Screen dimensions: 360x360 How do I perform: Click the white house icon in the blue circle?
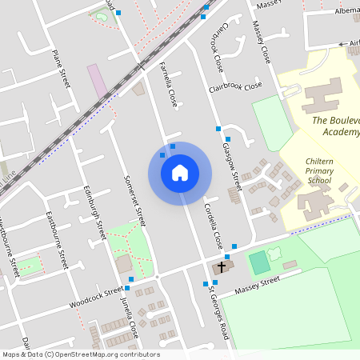[x=180, y=173]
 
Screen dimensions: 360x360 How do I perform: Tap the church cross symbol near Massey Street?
[x=222, y=266]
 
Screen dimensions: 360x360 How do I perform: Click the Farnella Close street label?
[x=167, y=85]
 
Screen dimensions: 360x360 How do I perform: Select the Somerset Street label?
[x=138, y=200]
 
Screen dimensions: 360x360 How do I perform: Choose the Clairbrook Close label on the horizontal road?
[x=236, y=86]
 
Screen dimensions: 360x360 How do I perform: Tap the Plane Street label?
[x=62, y=68]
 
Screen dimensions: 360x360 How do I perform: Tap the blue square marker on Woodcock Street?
[x=128, y=278]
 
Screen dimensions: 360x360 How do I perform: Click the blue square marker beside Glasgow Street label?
[x=218, y=128]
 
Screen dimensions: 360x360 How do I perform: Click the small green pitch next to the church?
[x=259, y=262]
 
